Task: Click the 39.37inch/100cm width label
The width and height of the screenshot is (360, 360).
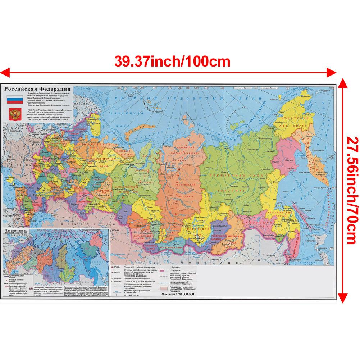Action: coord(172,61)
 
